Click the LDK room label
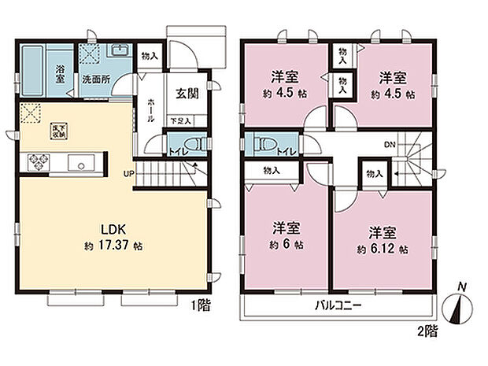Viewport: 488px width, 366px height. pyautogui.click(x=109, y=229)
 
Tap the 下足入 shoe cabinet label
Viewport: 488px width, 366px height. pyautogui.click(x=180, y=120)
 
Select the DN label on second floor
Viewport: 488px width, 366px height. pyautogui.click(x=389, y=144)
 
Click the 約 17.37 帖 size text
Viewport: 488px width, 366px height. pyautogui.click(x=114, y=246)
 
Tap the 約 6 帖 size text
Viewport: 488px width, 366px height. pyautogui.click(x=288, y=245)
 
